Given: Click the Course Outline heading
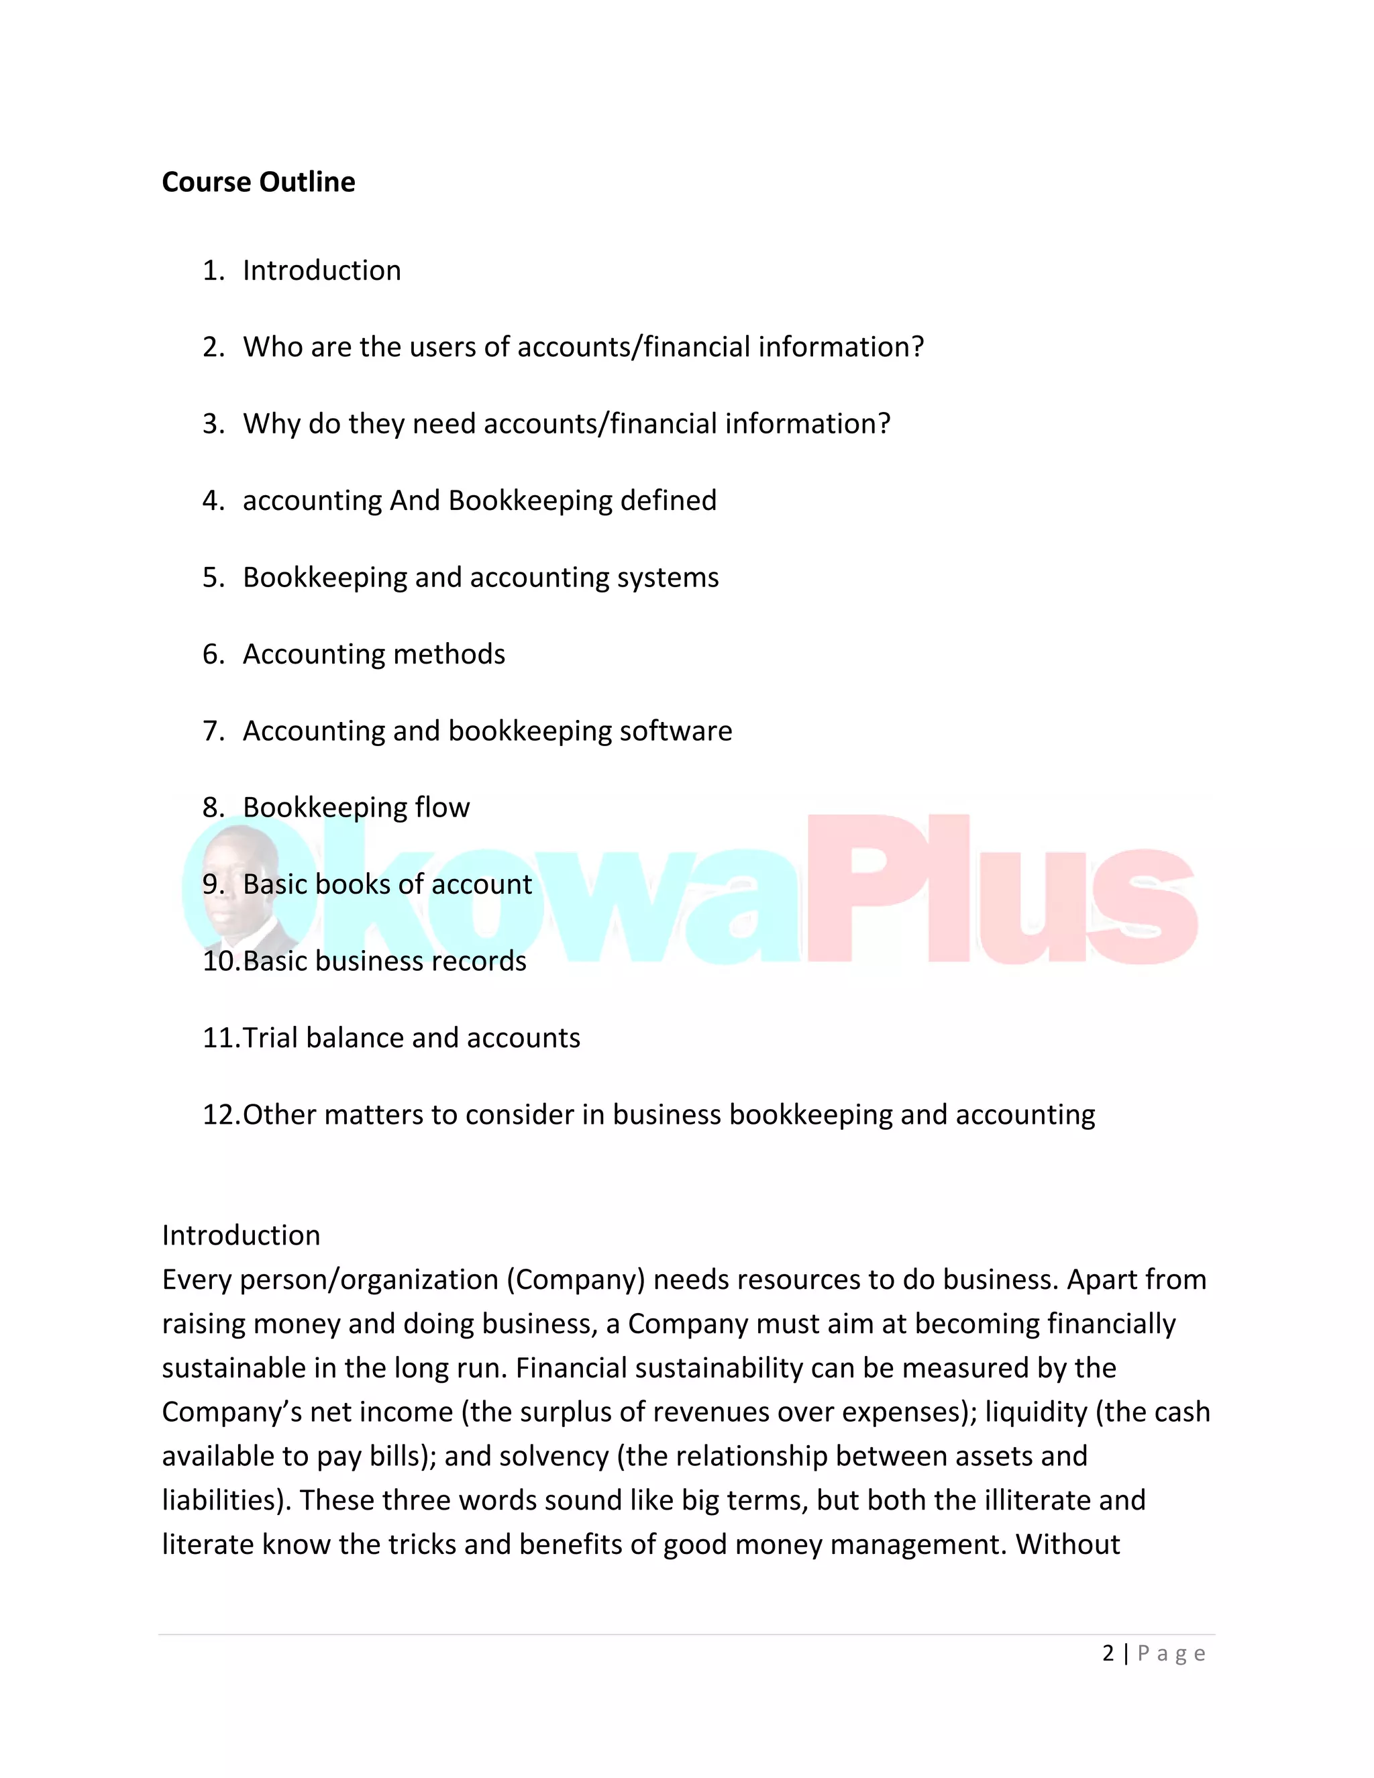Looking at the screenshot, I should tap(258, 182).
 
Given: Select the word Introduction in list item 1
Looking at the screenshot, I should tap(321, 270).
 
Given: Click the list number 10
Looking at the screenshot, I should tap(220, 961).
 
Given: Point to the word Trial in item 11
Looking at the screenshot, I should tap(270, 1038).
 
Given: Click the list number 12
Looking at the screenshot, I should tap(220, 1114).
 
